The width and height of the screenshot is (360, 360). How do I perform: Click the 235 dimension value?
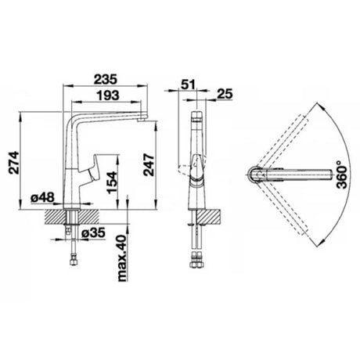106,79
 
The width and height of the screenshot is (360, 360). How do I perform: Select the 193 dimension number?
108,95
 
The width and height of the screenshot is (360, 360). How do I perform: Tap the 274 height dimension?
13,163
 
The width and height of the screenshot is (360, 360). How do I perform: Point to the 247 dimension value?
149,165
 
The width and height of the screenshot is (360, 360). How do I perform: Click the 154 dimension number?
113,182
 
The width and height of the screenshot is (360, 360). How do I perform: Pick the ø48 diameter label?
42,197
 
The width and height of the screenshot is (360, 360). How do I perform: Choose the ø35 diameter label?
93,232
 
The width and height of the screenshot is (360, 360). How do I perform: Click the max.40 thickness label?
123,258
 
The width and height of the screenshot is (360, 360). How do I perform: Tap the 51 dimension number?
188,85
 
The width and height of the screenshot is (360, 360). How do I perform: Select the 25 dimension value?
225,94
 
